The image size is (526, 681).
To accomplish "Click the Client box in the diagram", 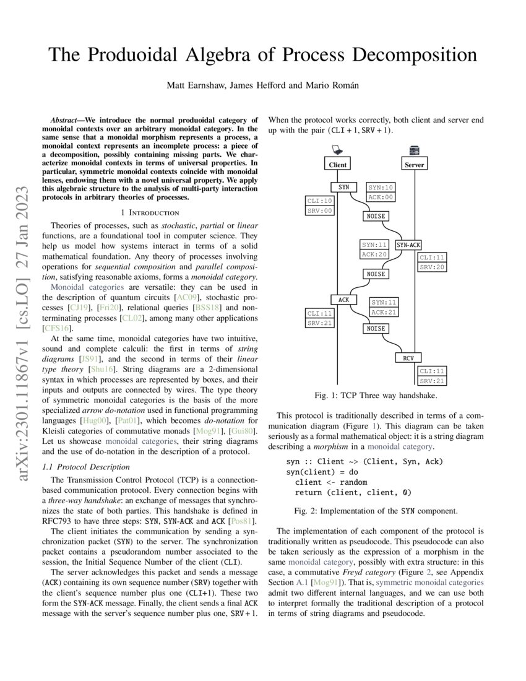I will pos(338,165).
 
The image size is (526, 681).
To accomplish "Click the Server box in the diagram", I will pos(414,165).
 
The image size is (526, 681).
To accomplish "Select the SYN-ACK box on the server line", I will pos(408,245).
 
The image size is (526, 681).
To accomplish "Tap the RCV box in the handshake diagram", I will pos(408,357).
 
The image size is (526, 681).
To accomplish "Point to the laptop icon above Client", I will pos(337,149).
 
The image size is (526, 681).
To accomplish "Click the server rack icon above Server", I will pos(414,149).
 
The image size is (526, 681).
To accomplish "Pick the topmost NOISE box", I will pos(376,216).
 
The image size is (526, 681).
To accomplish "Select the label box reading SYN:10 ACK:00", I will pos(381,192).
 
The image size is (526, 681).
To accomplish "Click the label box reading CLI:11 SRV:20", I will pos(432,262).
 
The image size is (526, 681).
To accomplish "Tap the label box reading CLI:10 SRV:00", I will pos(320,206).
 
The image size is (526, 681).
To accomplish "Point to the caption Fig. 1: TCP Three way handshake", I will pos(376,395).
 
